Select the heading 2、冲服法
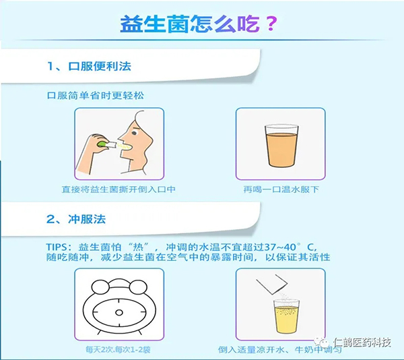[x=76, y=220]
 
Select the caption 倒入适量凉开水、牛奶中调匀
[x=281, y=350]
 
